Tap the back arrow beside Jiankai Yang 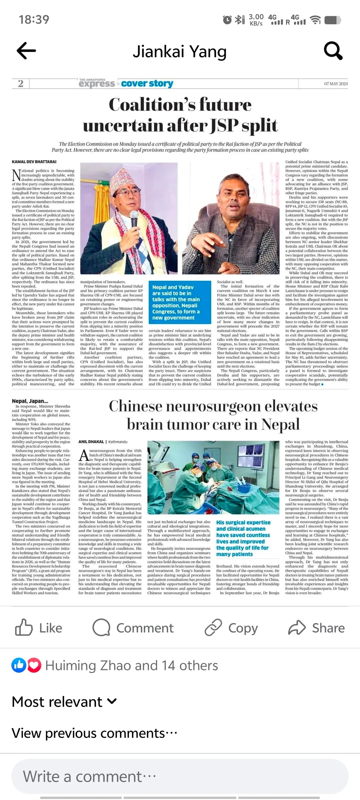pos(26,51)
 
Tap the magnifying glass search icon pos(333,51)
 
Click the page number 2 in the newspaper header pos(21,83)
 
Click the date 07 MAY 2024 pos(336,84)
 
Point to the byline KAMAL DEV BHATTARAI pos(34,162)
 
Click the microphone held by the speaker pos(134,217)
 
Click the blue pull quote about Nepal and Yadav pos(180,302)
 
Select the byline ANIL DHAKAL pos(91,442)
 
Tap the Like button pos(39,628)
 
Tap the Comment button pos(133,628)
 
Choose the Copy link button pos(231,628)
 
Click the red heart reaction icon pos(34,665)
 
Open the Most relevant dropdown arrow pos(112,701)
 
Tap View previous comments pos(94,733)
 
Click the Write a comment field pos(180,776)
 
